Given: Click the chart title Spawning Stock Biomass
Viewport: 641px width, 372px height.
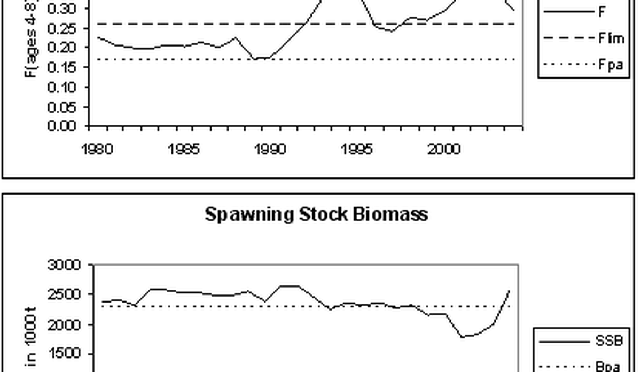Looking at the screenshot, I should pos(316,214).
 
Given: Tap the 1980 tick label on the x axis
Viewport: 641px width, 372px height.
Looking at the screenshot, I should pos(98,149).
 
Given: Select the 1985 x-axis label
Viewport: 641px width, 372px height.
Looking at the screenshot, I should pos(184,149).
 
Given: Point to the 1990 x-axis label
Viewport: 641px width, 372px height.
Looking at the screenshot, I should pos(271,149).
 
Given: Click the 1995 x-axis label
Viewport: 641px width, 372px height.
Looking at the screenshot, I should pos(357,149).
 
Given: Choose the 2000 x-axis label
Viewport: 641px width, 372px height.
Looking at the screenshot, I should pos(444,149).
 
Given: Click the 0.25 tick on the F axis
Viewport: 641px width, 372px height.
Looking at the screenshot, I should pos(65,28).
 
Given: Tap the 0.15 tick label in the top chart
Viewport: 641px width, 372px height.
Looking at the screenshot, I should pos(65,67).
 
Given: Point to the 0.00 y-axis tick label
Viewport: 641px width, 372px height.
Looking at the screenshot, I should pos(65,126).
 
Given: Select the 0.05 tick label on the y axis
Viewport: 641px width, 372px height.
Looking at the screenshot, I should pos(65,107).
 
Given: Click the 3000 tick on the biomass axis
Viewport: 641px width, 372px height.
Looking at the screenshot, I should pos(64,265).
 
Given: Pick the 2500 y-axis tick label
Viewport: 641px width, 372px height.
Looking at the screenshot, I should pos(64,294).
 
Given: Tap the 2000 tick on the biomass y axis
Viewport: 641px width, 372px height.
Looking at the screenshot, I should pos(64,324).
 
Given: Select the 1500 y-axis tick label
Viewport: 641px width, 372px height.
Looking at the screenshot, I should pos(64,354).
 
